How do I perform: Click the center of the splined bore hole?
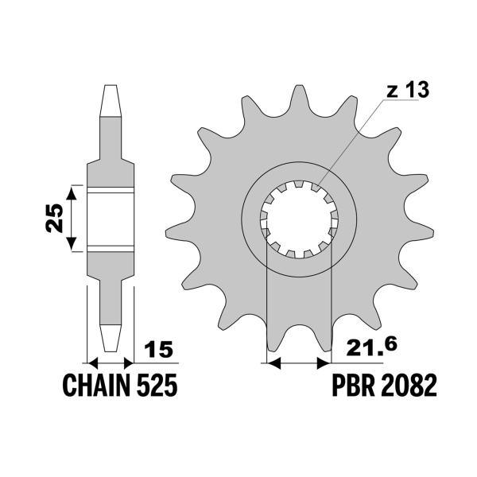(301, 219)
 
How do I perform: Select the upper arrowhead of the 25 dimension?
(72, 191)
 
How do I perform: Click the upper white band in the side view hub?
(110, 190)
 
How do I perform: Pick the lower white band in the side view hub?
(110, 248)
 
